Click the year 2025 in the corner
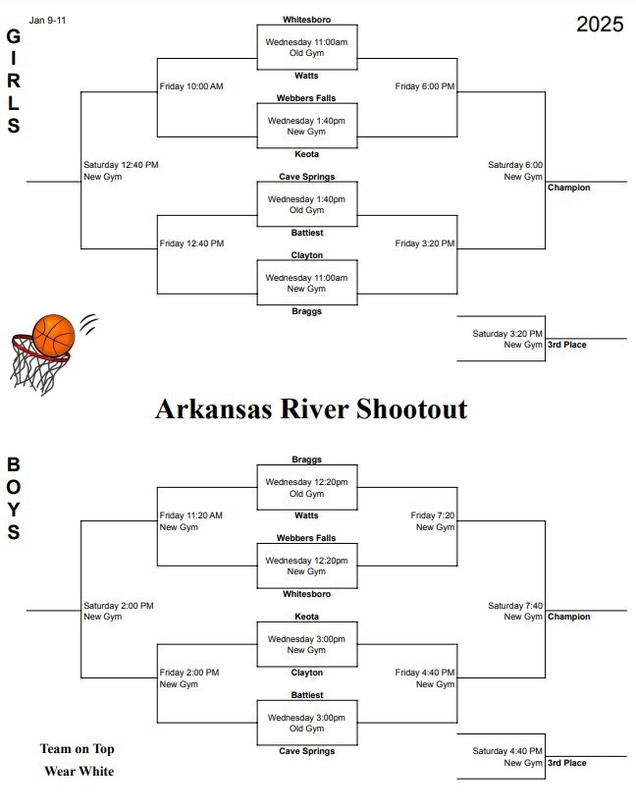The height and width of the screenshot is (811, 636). tap(599, 25)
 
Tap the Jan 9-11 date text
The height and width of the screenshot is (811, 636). tap(48, 19)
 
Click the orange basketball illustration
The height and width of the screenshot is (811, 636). tap(54, 336)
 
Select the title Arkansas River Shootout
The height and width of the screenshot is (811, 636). tap(311, 408)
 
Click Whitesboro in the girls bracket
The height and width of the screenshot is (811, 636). tap(306, 20)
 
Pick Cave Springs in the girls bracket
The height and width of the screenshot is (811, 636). tap(306, 177)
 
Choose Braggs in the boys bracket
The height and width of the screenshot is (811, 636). tap(306, 460)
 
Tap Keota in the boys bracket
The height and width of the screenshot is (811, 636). tap(306, 617)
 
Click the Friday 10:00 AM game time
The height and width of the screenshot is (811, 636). tap(191, 86)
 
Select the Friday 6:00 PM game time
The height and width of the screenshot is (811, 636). tap(425, 86)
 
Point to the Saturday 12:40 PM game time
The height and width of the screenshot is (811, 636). tap(121, 165)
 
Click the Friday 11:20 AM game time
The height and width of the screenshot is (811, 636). tap(191, 515)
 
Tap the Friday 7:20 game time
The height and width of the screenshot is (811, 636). tap(433, 515)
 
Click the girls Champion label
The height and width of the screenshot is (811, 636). tap(569, 188)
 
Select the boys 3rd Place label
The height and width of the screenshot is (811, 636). tap(567, 763)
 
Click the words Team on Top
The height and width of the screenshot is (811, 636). tap(78, 749)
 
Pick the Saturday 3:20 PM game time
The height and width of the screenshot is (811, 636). tap(507, 334)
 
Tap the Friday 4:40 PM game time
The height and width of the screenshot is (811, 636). tap(425, 673)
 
